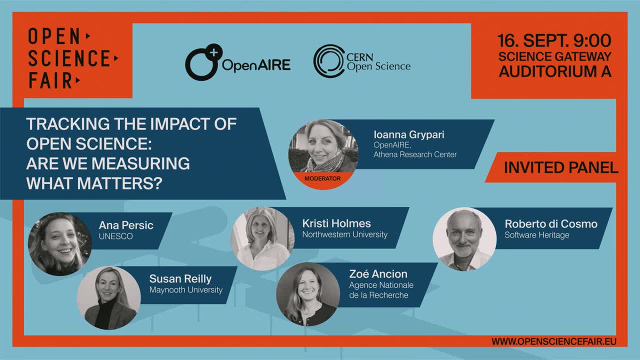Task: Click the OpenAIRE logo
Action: (x=237, y=62)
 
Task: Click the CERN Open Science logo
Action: (x=361, y=61)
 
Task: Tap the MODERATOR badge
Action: (x=322, y=178)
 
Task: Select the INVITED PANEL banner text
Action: (x=561, y=167)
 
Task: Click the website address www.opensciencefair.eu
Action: (x=553, y=341)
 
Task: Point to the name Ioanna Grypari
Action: (x=409, y=134)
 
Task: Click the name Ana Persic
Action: (x=126, y=225)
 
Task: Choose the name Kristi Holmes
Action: (x=336, y=223)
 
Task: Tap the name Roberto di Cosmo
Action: (x=551, y=224)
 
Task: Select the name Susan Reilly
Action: (x=180, y=278)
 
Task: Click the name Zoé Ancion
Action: (x=378, y=274)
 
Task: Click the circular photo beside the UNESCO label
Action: (x=60, y=243)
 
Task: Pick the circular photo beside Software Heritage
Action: (x=464, y=239)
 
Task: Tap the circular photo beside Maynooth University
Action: (x=109, y=297)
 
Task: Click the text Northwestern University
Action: (x=345, y=234)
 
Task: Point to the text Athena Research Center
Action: (x=415, y=154)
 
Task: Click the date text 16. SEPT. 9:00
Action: (x=554, y=40)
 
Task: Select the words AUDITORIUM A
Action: (x=555, y=71)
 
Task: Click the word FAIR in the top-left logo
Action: (x=51, y=80)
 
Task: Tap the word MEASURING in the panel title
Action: (x=140, y=163)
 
